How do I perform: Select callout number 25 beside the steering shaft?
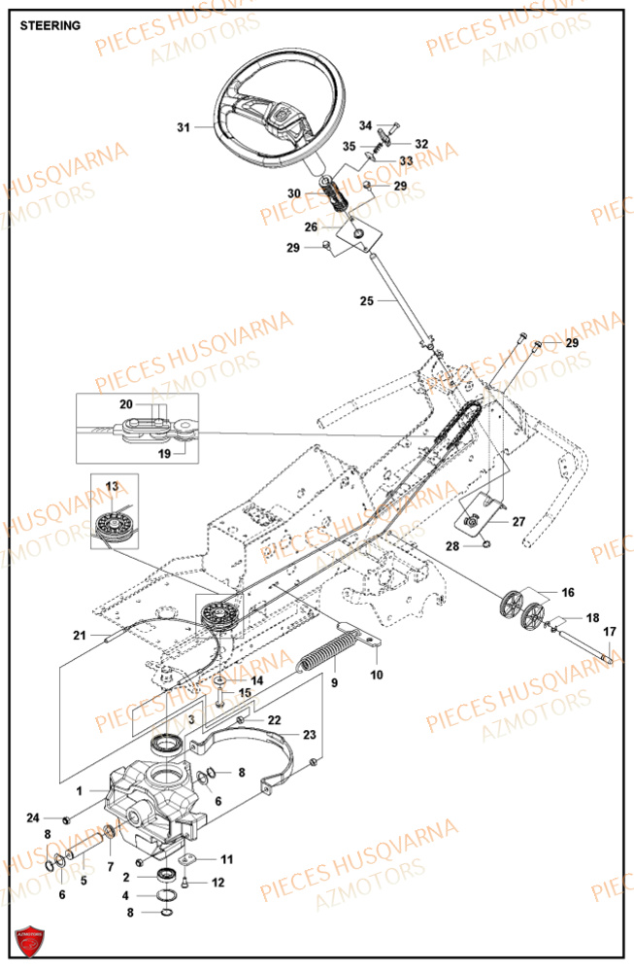coord(366,301)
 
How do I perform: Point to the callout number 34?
coord(365,126)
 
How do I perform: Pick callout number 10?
coord(377,673)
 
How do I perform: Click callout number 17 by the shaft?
coord(609,633)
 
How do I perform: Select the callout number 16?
coord(568,591)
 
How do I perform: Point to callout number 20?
coord(153,403)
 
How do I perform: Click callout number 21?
coord(78,636)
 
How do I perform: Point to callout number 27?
coord(518,522)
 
